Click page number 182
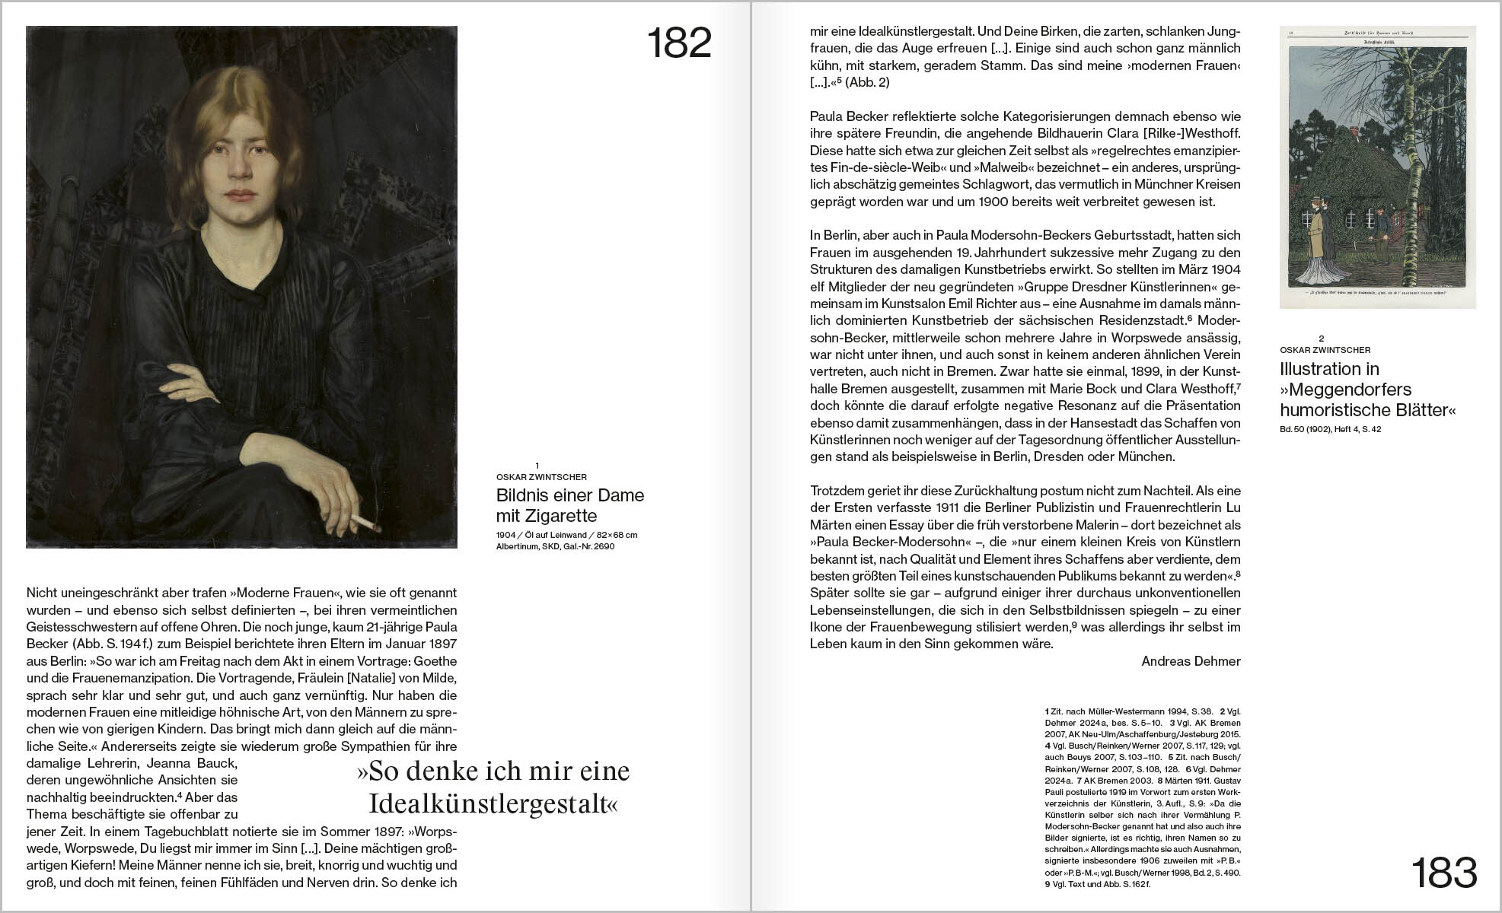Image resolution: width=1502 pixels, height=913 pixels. (x=678, y=43)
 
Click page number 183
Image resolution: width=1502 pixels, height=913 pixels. (x=1443, y=873)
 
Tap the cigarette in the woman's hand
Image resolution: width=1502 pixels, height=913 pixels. (x=365, y=523)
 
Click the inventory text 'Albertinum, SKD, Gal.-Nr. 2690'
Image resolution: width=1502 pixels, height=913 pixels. (x=555, y=546)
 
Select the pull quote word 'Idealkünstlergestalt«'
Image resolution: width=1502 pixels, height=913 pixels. (x=493, y=804)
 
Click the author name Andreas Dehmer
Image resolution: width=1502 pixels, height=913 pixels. (x=1191, y=661)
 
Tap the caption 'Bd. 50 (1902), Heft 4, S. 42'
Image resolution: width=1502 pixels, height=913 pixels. (x=1330, y=429)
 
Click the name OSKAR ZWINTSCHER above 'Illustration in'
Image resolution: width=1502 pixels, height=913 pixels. (x=1325, y=350)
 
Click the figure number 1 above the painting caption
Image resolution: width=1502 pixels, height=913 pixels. (x=537, y=466)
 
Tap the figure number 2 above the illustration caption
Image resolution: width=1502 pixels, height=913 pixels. (x=1322, y=339)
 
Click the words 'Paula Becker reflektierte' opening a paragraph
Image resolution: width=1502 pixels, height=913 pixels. (x=879, y=116)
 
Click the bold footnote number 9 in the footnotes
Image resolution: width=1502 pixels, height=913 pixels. (x=1048, y=884)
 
